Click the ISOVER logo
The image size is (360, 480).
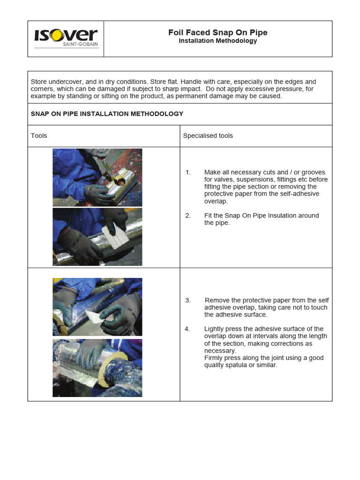(66, 36)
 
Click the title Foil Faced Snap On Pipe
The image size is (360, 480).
(218, 32)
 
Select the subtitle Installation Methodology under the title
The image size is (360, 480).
(218, 41)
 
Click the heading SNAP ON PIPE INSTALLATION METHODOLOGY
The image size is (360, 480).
(107, 114)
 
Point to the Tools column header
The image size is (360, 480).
(39, 136)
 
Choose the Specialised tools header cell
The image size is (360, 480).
(208, 136)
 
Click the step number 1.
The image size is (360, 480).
(188, 172)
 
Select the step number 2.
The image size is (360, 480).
(188, 216)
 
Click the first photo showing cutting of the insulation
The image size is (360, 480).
(97, 177)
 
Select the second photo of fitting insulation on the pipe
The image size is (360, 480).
(97, 237)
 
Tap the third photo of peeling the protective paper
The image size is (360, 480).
(97, 307)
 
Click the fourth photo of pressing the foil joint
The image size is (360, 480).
(97, 368)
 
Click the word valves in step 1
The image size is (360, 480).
(223, 180)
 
